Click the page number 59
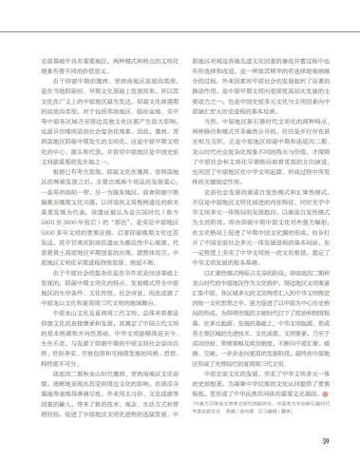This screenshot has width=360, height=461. tap(324, 440)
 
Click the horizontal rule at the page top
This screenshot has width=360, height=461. tap(180, 14)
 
